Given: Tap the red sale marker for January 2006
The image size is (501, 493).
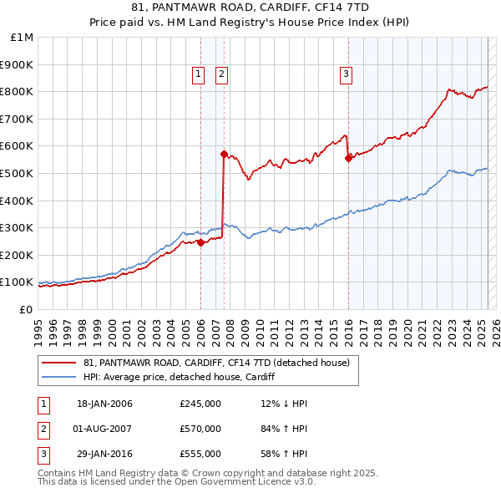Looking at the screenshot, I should [200, 242].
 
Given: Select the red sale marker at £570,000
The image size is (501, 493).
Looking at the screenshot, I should [224, 154].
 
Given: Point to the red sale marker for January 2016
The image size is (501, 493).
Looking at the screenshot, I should [348, 158].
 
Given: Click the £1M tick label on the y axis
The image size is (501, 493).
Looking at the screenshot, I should [23, 38].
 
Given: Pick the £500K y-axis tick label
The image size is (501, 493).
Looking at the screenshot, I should [18, 173].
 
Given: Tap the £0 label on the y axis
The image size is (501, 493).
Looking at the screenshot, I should [26, 309].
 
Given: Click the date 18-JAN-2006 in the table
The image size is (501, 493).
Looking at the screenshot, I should [104, 404].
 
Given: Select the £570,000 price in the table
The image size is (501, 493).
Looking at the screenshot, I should [200, 429].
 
